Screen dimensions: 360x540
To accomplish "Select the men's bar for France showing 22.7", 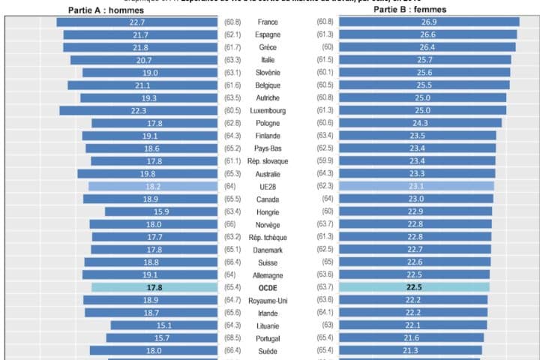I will point(137,22).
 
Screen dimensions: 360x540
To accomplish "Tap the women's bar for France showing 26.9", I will point(429,22).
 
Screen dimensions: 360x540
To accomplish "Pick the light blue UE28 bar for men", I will point(152,186).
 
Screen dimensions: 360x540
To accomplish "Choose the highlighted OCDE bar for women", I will point(414,287).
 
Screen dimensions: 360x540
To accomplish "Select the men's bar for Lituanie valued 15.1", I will point(163,325).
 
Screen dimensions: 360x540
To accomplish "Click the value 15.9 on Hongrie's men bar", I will point(161,211).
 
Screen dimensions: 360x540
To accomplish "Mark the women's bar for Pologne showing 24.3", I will point(421,123).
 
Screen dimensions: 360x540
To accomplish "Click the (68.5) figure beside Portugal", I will point(232,337).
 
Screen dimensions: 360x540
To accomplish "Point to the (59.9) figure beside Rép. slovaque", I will point(325,161).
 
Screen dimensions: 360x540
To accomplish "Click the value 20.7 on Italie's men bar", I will point(144,60).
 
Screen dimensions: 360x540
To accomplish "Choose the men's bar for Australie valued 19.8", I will point(147,174).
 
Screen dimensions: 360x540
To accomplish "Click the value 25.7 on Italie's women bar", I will point(424,60).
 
